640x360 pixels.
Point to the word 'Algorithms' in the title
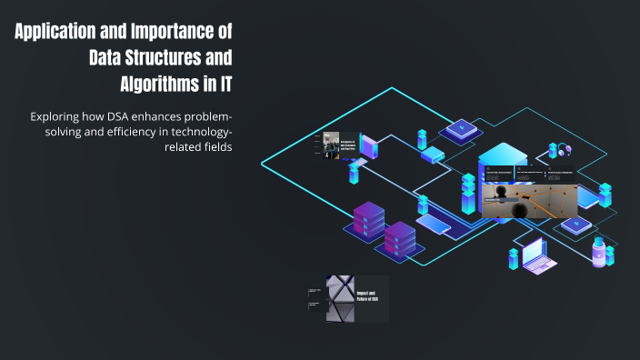tap(165, 85)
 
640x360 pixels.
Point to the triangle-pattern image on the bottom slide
tap(339, 298)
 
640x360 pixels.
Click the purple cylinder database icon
tap(598, 249)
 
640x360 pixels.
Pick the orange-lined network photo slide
tap(529, 201)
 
